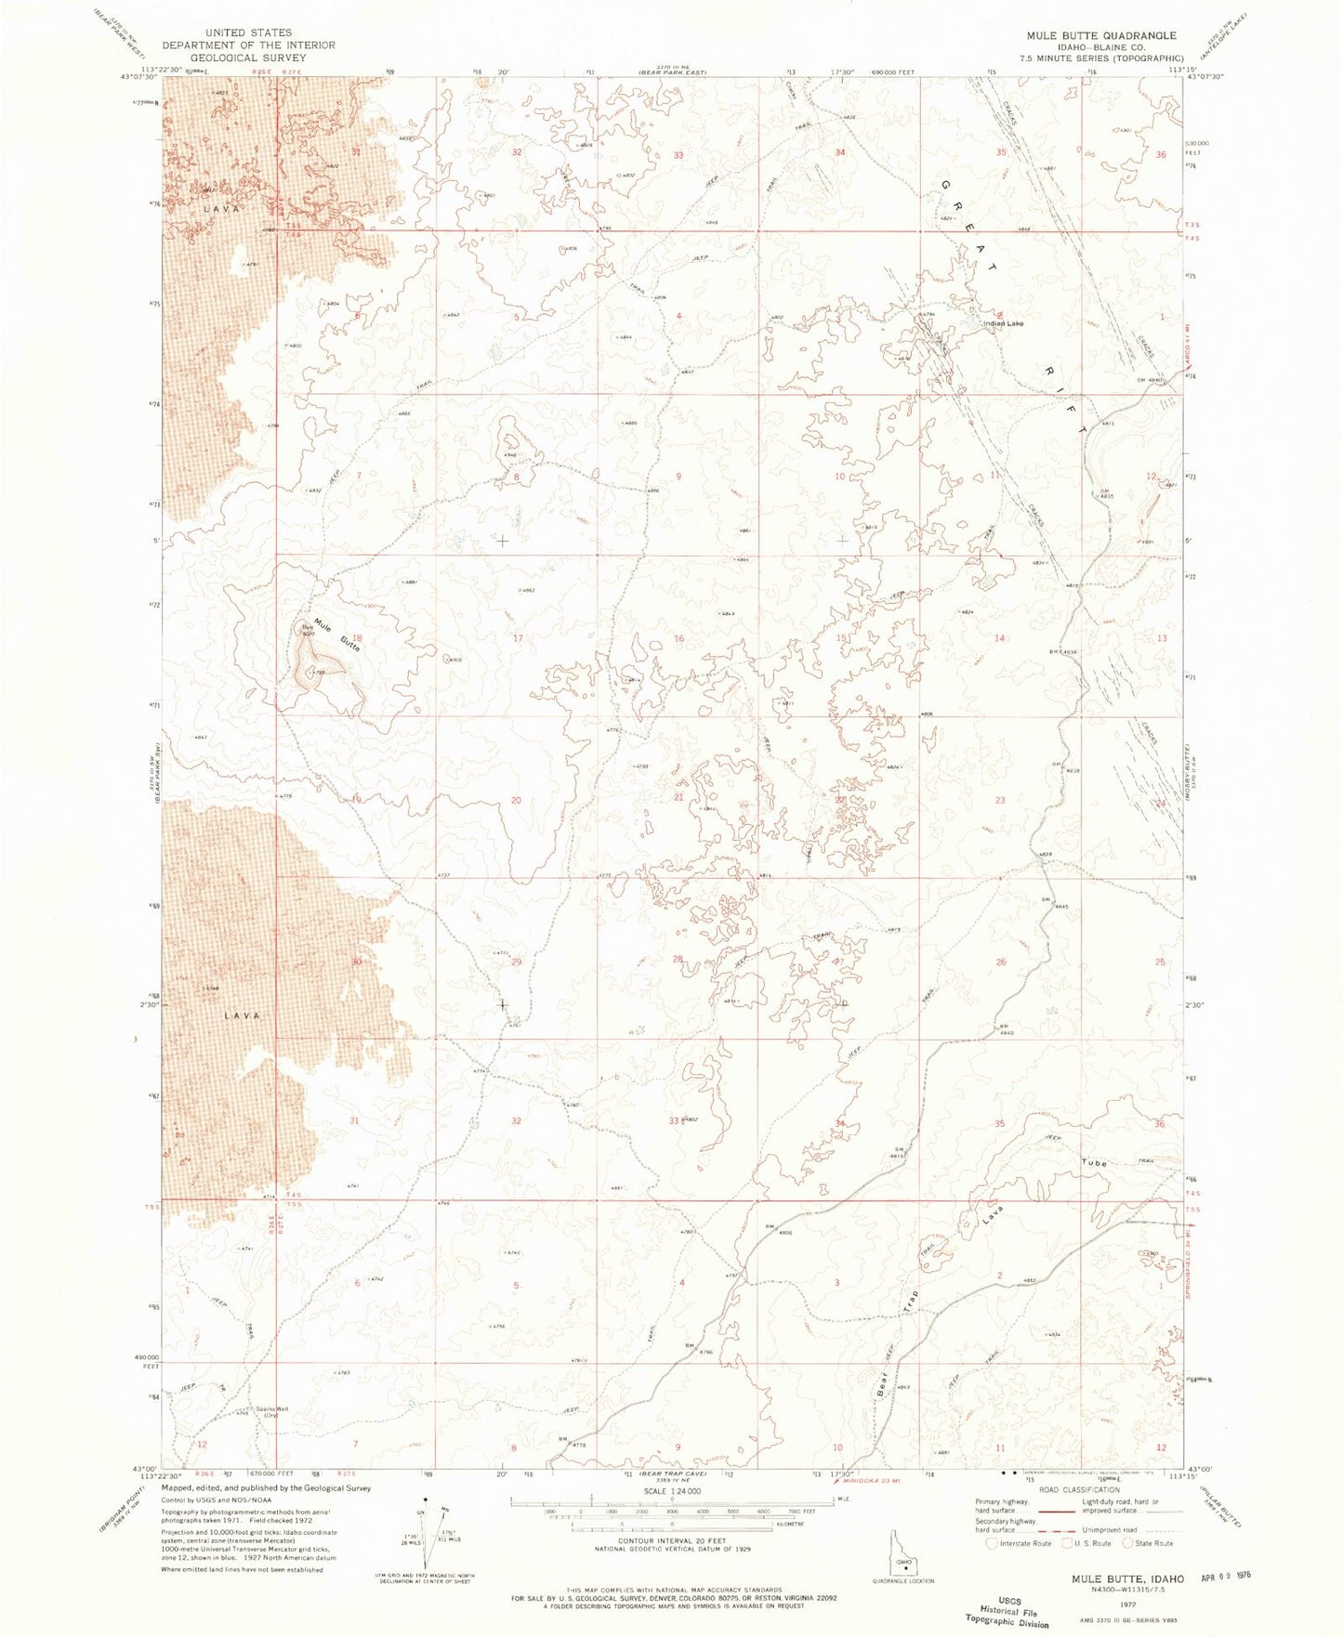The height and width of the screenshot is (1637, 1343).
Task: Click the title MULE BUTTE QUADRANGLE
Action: click(x=1100, y=35)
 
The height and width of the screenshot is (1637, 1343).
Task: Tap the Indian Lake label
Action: click(x=1005, y=323)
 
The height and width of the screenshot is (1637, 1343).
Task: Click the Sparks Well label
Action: click(x=272, y=1409)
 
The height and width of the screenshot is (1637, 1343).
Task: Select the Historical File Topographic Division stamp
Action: click(x=1016, y=1613)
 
